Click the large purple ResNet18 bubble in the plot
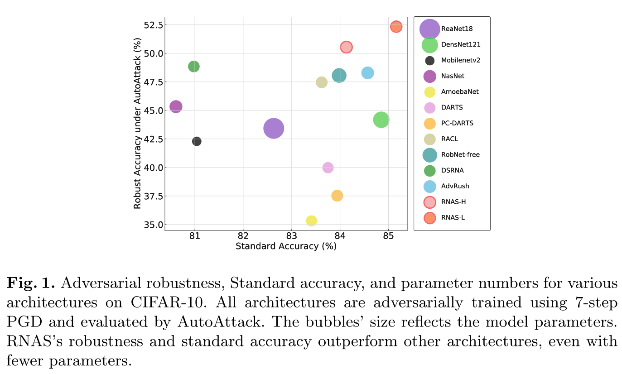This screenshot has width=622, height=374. tap(274, 129)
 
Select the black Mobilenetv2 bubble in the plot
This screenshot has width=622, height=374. tap(197, 141)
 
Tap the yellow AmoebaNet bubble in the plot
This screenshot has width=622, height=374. tap(311, 221)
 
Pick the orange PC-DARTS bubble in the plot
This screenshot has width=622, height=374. tap(337, 196)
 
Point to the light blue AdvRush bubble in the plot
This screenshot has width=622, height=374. tap(368, 73)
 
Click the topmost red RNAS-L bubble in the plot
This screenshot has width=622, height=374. tap(396, 27)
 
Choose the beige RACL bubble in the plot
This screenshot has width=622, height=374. tap(322, 82)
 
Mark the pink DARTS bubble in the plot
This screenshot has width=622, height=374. tap(328, 168)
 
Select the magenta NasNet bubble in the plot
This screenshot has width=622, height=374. tap(176, 107)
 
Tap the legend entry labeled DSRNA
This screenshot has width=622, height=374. tap(452, 170)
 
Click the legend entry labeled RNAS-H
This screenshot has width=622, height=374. tap(453, 202)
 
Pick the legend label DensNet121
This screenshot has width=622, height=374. tap(461, 44)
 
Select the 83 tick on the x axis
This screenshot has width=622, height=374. tap(292, 236)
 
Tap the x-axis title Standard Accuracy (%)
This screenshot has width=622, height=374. tap(286, 246)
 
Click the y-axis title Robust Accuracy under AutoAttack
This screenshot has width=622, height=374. tap(138, 124)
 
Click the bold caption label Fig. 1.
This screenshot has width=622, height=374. tap(30, 284)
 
